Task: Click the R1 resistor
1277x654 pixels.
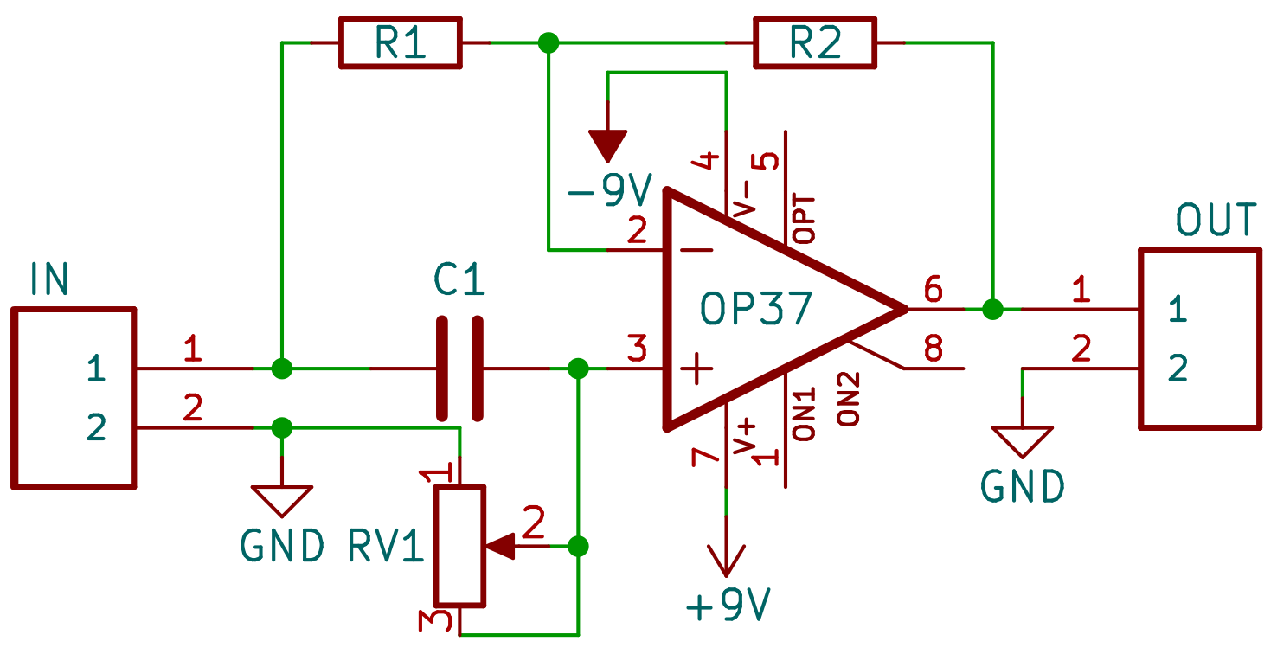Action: pos(399,42)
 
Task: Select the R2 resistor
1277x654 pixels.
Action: pos(815,42)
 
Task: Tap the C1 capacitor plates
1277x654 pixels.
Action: pos(459,369)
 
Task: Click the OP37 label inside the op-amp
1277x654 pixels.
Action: pos(757,308)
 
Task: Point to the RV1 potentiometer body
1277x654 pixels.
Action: pos(459,545)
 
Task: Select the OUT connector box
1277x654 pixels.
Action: pos(1199,338)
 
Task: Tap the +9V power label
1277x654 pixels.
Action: pos(727,606)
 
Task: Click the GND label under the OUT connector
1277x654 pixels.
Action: pos(1023,487)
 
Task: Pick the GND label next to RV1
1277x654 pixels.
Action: pos(282,546)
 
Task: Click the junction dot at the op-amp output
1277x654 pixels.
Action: pos(992,308)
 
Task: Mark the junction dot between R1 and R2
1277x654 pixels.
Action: pos(548,42)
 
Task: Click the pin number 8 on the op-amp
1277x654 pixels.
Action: pos(933,349)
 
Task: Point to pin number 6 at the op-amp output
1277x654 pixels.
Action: pos(933,287)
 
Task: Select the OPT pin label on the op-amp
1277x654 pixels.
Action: pos(805,220)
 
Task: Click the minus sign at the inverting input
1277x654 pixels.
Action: pos(696,250)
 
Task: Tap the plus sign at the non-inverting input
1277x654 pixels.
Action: pos(696,370)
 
